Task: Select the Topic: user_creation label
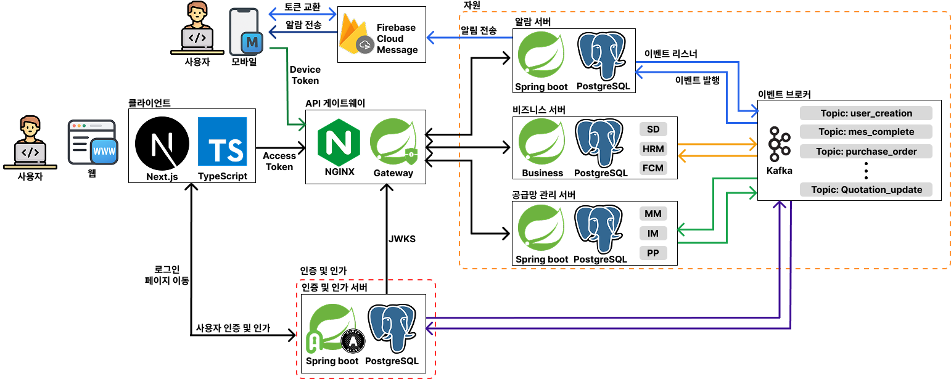coord(866,113)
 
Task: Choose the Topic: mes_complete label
coord(866,132)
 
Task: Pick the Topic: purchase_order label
coord(866,152)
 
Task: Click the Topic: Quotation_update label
coord(866,190)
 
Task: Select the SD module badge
coord(653,129)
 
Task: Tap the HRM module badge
coord(653,149)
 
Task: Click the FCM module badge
coord(653,168)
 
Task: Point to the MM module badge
coord(653,214)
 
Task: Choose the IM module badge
coord(653,234)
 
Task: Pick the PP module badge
coord(653,253)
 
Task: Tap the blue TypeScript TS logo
coord(222,142)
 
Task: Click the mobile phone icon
coord(246,34)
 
